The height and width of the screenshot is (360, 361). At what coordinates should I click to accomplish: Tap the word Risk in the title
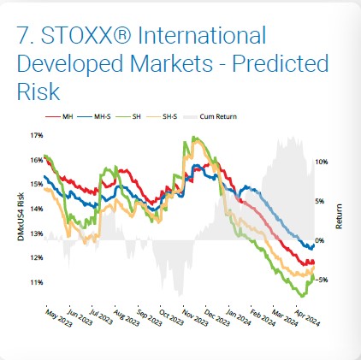point(38,91)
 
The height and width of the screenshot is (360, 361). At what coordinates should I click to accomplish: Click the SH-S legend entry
point(162,116)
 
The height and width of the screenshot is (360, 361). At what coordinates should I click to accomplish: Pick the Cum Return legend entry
point(210,116)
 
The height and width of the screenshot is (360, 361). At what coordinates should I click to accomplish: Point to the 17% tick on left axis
point(37,135)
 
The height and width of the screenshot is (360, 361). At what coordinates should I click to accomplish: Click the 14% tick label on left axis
point(37,209)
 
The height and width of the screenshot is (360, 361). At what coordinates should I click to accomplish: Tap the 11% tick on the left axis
point(37,282)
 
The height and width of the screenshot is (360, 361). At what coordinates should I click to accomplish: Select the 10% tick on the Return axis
point(322,162)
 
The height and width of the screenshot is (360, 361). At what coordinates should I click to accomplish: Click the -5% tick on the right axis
point(322,280)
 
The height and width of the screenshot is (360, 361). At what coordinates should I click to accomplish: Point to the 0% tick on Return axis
point(319,240)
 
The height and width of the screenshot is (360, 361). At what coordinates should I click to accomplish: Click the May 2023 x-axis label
point(59,318)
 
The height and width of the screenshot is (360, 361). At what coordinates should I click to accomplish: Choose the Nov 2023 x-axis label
point(195,317)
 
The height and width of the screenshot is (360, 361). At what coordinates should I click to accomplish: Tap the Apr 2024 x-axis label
point(307,317)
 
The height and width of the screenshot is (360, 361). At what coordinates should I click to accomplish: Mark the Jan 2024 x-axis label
point(239,317)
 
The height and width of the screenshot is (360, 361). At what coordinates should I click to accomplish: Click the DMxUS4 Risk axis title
point(21,216)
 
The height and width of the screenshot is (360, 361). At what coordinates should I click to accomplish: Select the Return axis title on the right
point(339,216)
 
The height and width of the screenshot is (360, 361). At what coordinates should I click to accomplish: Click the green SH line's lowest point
point(302,297)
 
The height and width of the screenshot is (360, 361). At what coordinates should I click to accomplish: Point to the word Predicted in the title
point(281,63)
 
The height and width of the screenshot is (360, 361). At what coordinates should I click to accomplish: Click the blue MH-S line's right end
point(314,245)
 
